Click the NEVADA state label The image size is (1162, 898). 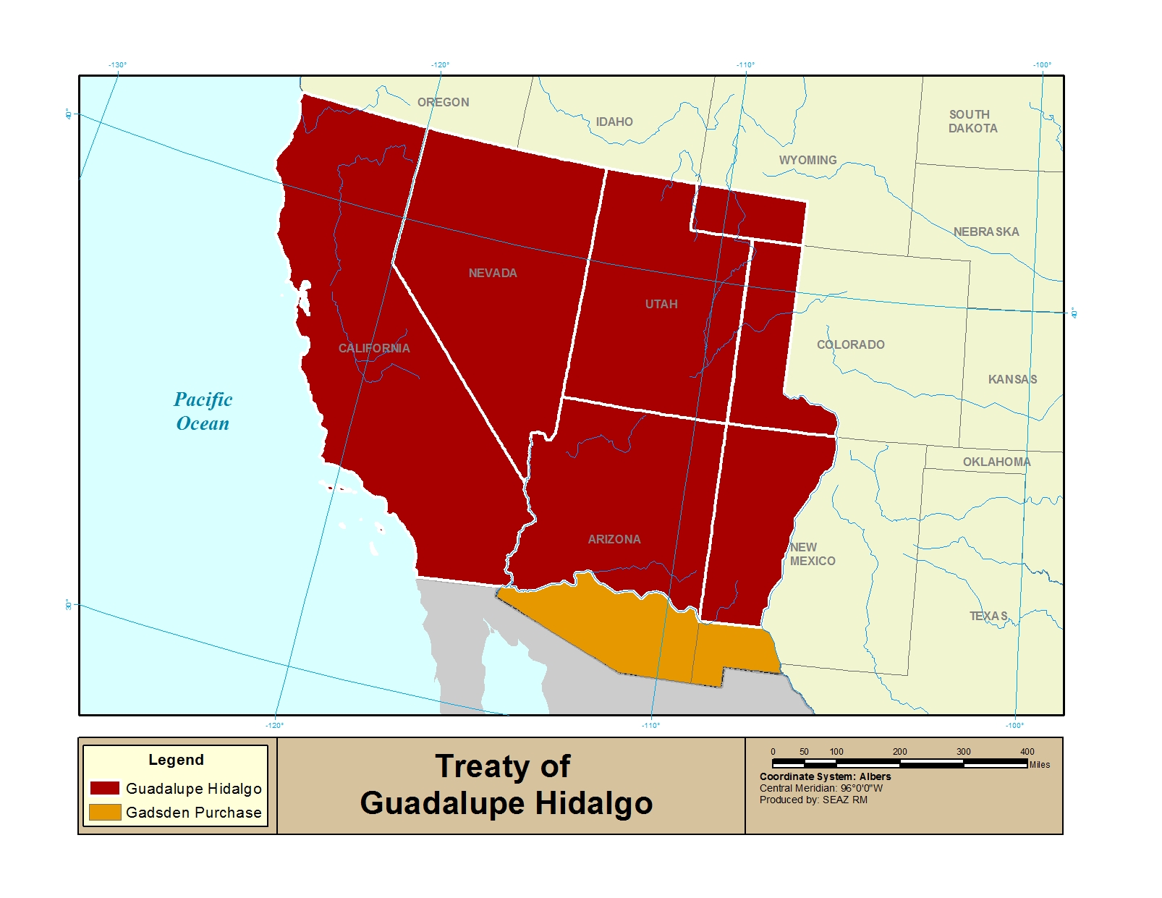pyautogui.click(x=493, y=273)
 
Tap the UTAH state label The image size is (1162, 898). pyautogui.click(x=661, y=304)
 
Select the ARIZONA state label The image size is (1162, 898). pyautogui.click(x=614, y=539)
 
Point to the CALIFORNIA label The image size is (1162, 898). pyautogui.click(x=374, y=348)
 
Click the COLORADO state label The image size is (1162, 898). pyautogui.click(x=850, y=344)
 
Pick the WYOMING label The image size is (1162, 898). pyautogui.click(x=807, y=160)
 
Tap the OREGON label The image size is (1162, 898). pyautogui.click(x=443, y=102)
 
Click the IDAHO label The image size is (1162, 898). pyautogui.click(x=614, y=122)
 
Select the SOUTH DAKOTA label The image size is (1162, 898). pyautogui.click(x=972, y=122)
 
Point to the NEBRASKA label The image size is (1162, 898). pyautogui.click(x=985, y=232)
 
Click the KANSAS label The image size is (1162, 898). pyautogui.click(x=1012, y=379)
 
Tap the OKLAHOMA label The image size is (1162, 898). pyautogui.click(x=996, y=462)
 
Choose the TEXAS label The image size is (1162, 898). pyautogui.click(x=988, y=616)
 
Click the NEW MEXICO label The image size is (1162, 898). pyautogui.click(x=812, y=554)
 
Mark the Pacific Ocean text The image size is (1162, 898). pyautogui.click(x=203, y=411)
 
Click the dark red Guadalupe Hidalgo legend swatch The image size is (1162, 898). pyautogui.click(x=104, y=788)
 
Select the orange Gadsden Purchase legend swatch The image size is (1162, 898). pyautogui.click(x=104, y=812)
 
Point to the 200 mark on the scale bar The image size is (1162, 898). pyautogui.click(x=899, y=752)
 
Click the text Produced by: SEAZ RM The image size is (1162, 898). pyautogui.click(x=813, y=800)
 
